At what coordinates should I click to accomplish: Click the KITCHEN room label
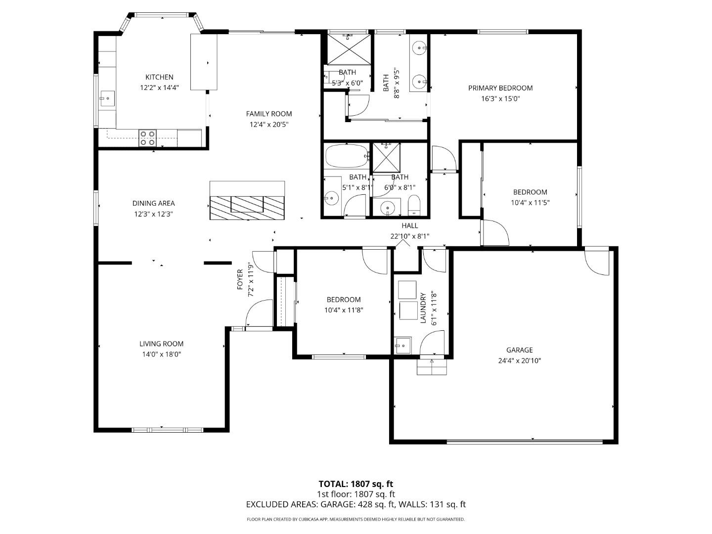click(159, 77)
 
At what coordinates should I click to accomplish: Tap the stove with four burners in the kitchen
click(147, 138)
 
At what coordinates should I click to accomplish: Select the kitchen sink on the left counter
click(106, 98)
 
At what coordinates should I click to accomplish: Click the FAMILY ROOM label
click(269, 114)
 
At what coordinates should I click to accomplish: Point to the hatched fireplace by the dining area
click(247, 208)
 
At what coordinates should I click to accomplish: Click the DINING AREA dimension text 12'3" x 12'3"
click(153, 214)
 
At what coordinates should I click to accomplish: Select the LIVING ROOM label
click(161, 344)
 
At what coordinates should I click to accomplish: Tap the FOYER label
click(240, 279)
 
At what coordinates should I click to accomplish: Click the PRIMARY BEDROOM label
click(500, 88)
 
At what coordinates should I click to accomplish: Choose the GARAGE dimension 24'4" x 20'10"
click(519, 360)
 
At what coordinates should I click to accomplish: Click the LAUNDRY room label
click(423, 308)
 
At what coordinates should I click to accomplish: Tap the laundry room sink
click(402, 345)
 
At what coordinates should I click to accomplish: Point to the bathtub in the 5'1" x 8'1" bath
click(347, 156)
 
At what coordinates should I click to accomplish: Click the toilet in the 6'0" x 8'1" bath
click(414, 204)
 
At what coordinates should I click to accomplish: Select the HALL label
click(409, 225)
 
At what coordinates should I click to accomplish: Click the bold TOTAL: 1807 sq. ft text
click(356, 484)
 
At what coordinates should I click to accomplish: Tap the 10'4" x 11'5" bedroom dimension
click(530, 202)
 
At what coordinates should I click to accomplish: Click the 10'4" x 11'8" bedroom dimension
click(344, 310)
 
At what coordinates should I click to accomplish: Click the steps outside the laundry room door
click(432, 367)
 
